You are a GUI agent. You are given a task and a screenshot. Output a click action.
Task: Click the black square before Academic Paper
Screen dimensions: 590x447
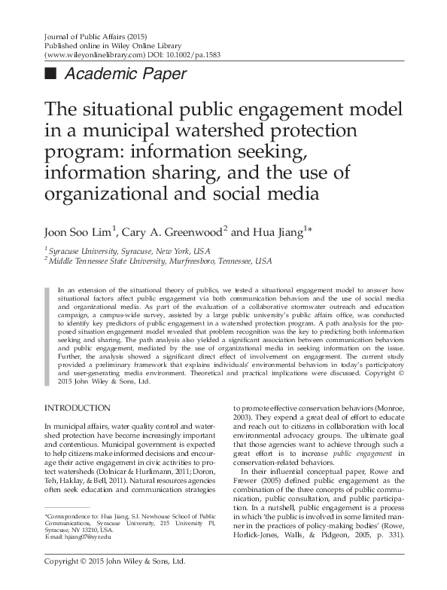click(52, 74)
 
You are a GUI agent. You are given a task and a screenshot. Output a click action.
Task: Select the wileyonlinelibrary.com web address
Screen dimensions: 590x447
click(94, 56)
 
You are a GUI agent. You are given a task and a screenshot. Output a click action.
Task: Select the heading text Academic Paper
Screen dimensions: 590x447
click(126, 74)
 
